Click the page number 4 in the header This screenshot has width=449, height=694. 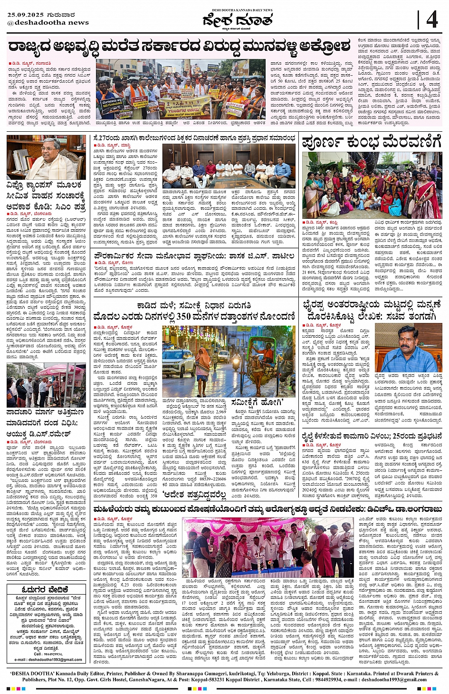(x=431, y=20)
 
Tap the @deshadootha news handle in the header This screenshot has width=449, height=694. (x=48, y=22)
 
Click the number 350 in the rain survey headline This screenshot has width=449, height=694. (x=183, y=316)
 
